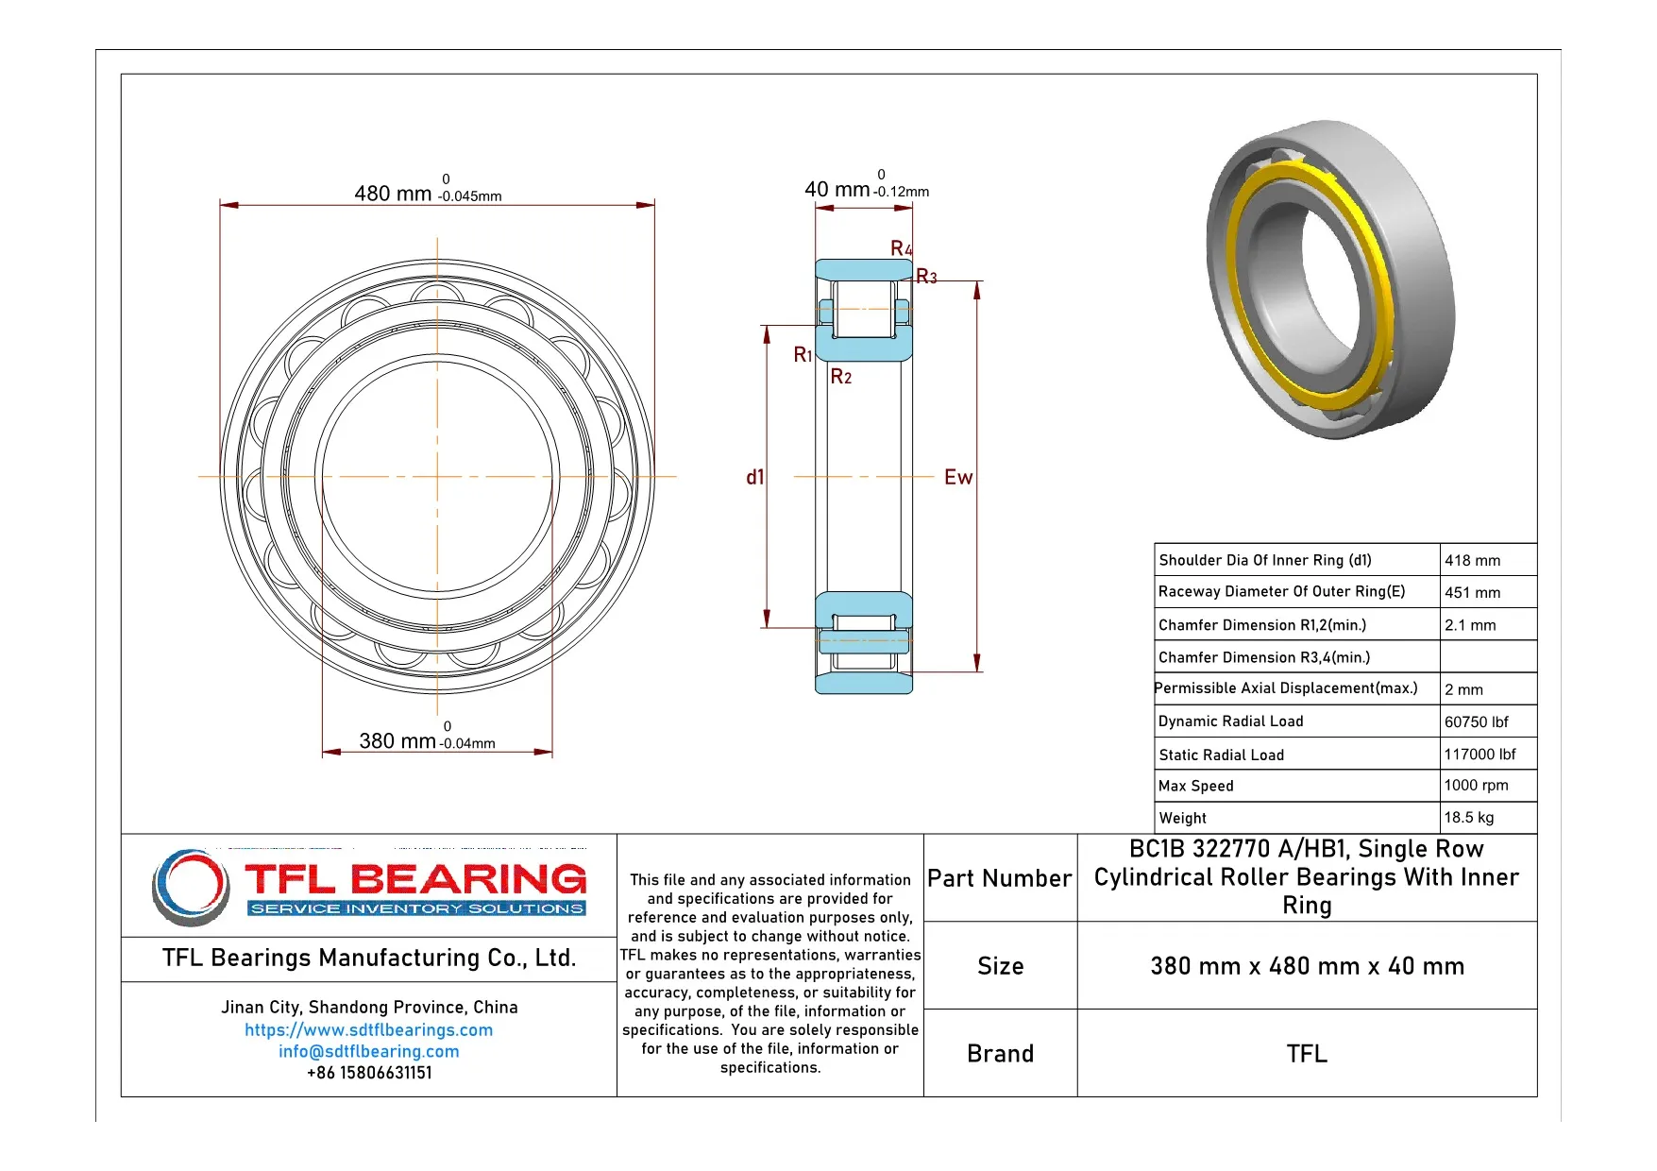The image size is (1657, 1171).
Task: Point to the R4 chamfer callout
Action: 901,248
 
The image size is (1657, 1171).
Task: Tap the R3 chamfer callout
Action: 926,277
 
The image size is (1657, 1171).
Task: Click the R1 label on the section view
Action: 803,355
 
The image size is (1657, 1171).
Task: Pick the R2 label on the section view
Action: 840,377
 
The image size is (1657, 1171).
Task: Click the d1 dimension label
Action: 754,478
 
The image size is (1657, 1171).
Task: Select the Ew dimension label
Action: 957,478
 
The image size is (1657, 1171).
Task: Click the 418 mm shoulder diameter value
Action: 1472,561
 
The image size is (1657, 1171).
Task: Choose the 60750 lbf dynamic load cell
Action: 1476,722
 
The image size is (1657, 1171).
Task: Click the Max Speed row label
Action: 1195,786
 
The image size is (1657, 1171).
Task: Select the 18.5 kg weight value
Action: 1468,818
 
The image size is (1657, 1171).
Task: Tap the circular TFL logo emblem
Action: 191,887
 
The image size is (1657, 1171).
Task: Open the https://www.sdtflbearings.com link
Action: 368,1030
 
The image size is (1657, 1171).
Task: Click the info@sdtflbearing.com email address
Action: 368,1052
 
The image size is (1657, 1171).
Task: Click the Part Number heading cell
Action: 999,879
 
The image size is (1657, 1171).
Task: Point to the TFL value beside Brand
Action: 1306,1054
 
